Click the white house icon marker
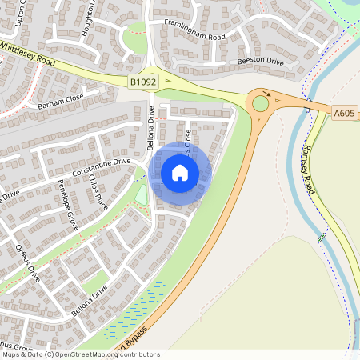pyautogui.click(x=180, y=172)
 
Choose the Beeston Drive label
pyautogui.click(x=258, y=61)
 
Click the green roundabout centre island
pyautogui.click(x=261, y=103)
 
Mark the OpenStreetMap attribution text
pyautogui.click(x=80, y=354)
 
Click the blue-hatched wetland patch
pyautogui.click(x=136, y=309)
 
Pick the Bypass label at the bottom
pyautogui.click(x=131, y=336)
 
